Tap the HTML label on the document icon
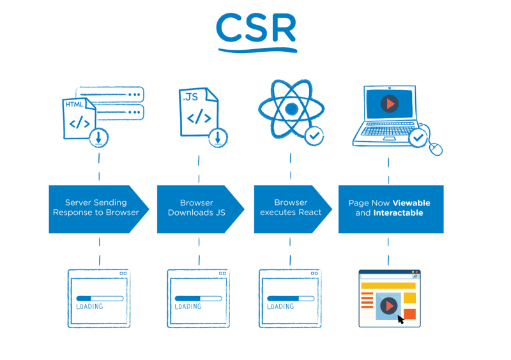[x=75, y=103]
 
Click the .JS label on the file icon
[x=190, y=98]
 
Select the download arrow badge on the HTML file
[x=98, y=137]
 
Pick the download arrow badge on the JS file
[x=218, y=137]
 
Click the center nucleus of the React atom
[x=291, y=109]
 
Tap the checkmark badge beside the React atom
[x=314, y=135]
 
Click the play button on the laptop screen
[x=388, y=104]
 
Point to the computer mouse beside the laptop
[x=436, y=148]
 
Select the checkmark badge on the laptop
[x=418, y=137]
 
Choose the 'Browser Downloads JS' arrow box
[x=197, y=208]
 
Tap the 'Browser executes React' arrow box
[x=291, y=208]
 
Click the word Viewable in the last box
[x=411, y=203]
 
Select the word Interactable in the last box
[x=398, y=213]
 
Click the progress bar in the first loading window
[x=99, y=297]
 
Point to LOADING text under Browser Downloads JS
[x=188, y=307]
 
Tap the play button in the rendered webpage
[x=388, y=306]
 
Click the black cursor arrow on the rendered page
[x=400, y=319]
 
